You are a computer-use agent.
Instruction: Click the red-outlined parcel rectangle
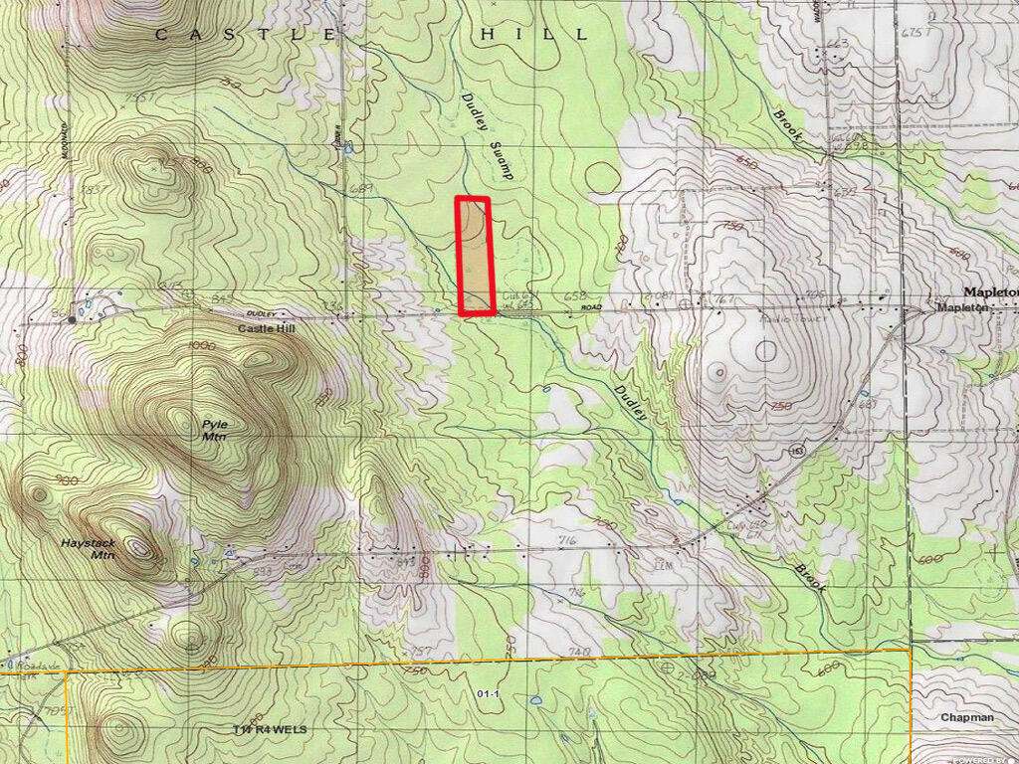pos(474,256)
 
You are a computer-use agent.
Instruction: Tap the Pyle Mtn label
pos(215,430)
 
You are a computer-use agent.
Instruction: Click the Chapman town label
pos(966,717)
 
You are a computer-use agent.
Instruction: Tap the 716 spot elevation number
pos(568,540)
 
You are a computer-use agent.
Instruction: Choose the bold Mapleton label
pos(990,292)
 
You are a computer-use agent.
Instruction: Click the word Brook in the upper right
pos(787,126)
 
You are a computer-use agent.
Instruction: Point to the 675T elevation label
pos(912,31)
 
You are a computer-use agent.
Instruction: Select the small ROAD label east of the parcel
pos(593,308)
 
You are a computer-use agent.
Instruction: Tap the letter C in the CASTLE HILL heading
pos(162,34)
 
